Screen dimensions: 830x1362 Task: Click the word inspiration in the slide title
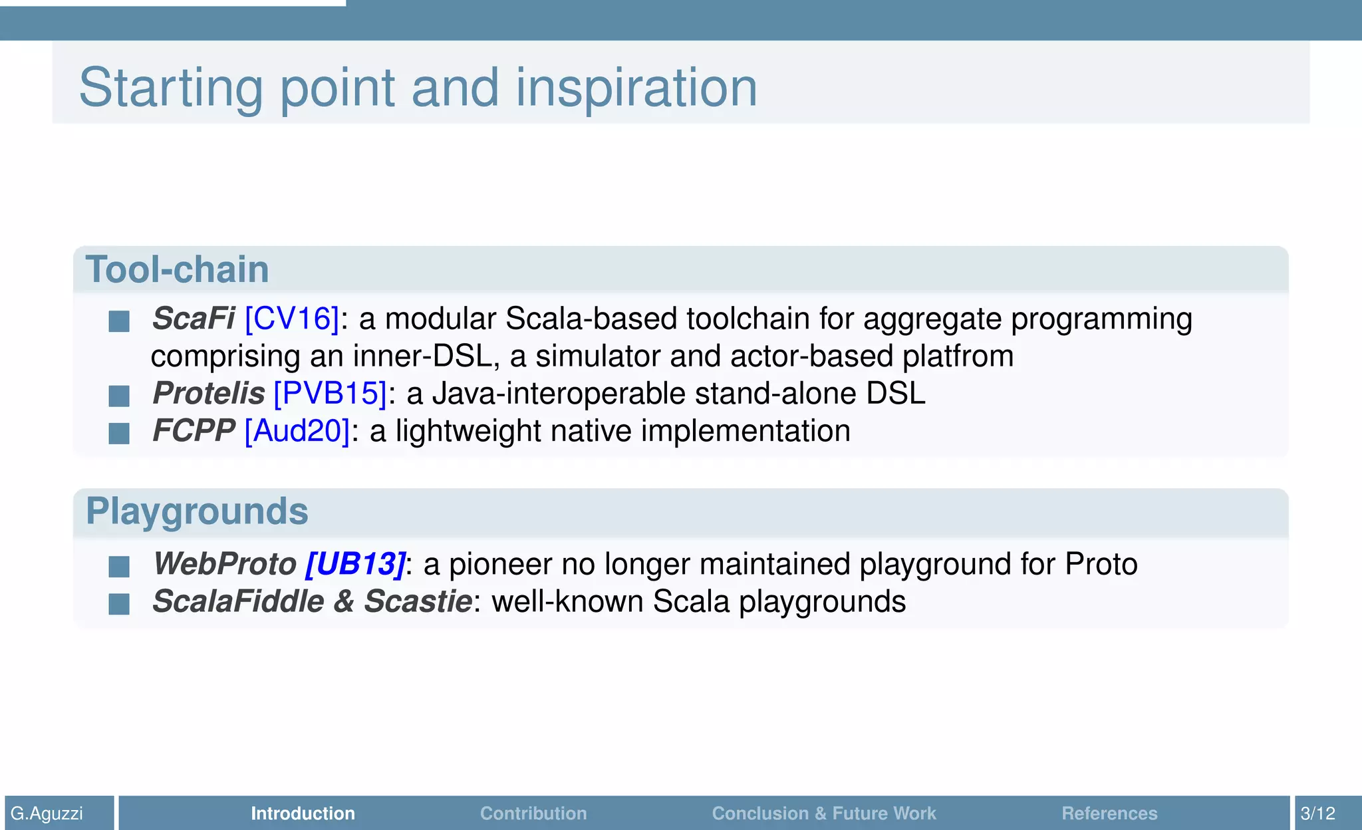pos(636,88)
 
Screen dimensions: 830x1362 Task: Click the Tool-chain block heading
pos(177,269)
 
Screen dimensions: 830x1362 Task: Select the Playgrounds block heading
pos(197,511)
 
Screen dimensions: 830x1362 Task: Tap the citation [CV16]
pos(292,319)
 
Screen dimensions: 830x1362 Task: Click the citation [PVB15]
pos(330,393)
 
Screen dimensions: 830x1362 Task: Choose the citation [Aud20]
pos(297,431)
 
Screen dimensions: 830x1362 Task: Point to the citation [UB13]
pos(355,564)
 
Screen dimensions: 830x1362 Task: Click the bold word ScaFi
pos(193,319)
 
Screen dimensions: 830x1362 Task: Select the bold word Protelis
pos(208,393)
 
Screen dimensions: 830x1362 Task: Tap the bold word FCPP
pos(193,431)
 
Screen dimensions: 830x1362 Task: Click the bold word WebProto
pos(224,564)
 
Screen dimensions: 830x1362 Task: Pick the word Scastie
pos(418,601)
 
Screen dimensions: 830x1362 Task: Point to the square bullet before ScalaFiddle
pos(119,604)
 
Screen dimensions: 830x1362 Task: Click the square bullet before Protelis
pos(119,396)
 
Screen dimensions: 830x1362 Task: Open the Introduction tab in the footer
pos(303,813)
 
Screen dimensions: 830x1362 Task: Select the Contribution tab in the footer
pos(533,813)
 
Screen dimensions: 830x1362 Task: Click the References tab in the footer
pos(1109,813)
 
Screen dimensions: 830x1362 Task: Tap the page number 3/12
pos(1317,813)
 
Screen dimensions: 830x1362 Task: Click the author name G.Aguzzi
pos(47,813)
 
